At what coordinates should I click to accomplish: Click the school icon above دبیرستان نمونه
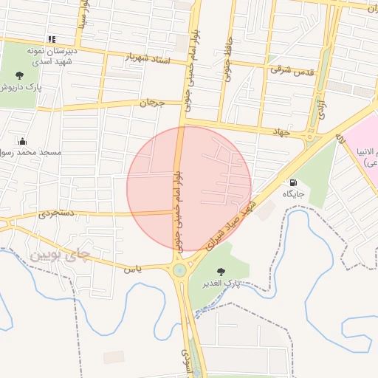pyautogui.click(x=52, y=39)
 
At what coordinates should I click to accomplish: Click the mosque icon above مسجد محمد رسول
pyautogui.click(x=22, y=141)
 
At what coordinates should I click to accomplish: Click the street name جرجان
pyautogui.click(x=150, y=103)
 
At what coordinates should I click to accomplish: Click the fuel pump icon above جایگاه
pyautogui.click(x=295, y=182)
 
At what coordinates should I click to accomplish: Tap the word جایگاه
pyautogui.click(x=294, y=193)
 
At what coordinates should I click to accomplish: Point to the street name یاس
pyautogui.click(x=132, y=269)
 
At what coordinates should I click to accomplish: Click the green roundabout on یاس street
pyautogui.click(x=179, y=271)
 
